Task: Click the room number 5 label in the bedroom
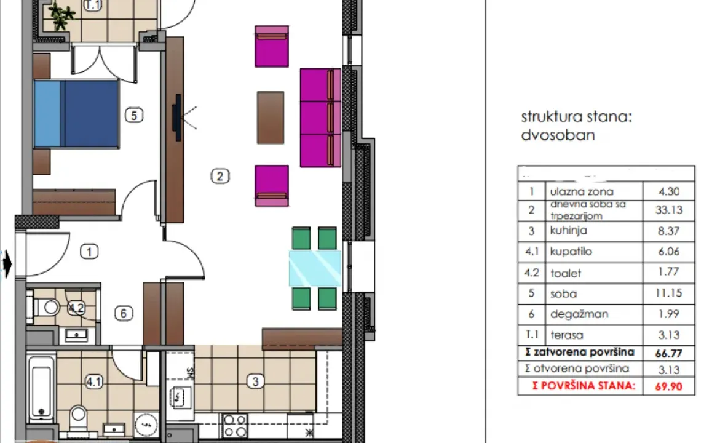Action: point(133,114)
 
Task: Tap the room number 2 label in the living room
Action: point(220,177)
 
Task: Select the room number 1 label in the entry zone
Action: point(90,251)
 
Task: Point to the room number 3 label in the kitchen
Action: point(255,381)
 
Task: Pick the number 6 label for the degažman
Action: point(124,314)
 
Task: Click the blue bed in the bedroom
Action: point(75,113)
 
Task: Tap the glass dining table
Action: point(315,268)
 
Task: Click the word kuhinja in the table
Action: point(569,231)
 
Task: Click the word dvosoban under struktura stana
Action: point(558,135)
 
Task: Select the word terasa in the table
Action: point(567,335)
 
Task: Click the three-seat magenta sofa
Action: point(320,118)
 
